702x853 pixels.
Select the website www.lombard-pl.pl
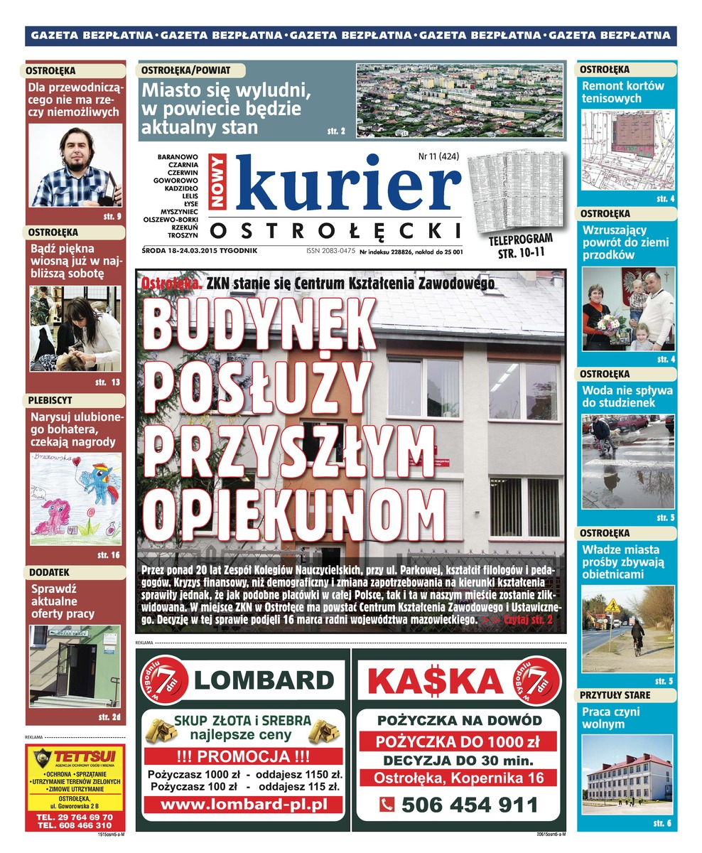[243, 805]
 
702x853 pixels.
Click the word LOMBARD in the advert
[264, 680]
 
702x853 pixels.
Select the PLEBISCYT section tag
[51, 400]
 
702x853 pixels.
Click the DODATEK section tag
[50, 572]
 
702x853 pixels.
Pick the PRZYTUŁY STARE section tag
[615, 694]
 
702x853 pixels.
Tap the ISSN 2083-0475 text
[330, 251]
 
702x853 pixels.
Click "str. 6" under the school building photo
[661, 823]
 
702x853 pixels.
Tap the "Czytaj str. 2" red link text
[526, 621]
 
